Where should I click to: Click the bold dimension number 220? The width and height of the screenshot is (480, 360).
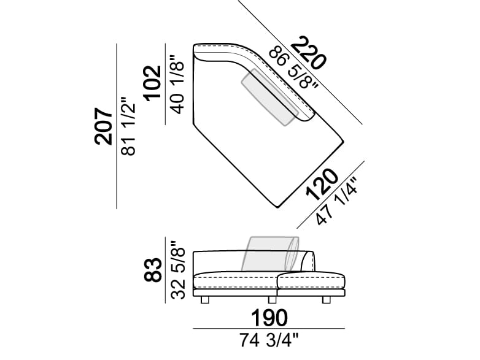tap(309, 53)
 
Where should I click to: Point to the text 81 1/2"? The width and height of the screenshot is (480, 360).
tap(128, 126)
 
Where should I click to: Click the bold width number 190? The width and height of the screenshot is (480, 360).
tap(268, 318)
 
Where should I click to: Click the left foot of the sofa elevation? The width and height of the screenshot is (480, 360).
tap(206, 300)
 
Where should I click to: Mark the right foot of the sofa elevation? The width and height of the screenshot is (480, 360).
tap(327, 300)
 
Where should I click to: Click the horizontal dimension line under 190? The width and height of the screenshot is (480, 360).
tap(268, 329)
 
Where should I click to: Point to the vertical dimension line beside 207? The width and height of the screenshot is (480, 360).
tap(117, 126)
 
